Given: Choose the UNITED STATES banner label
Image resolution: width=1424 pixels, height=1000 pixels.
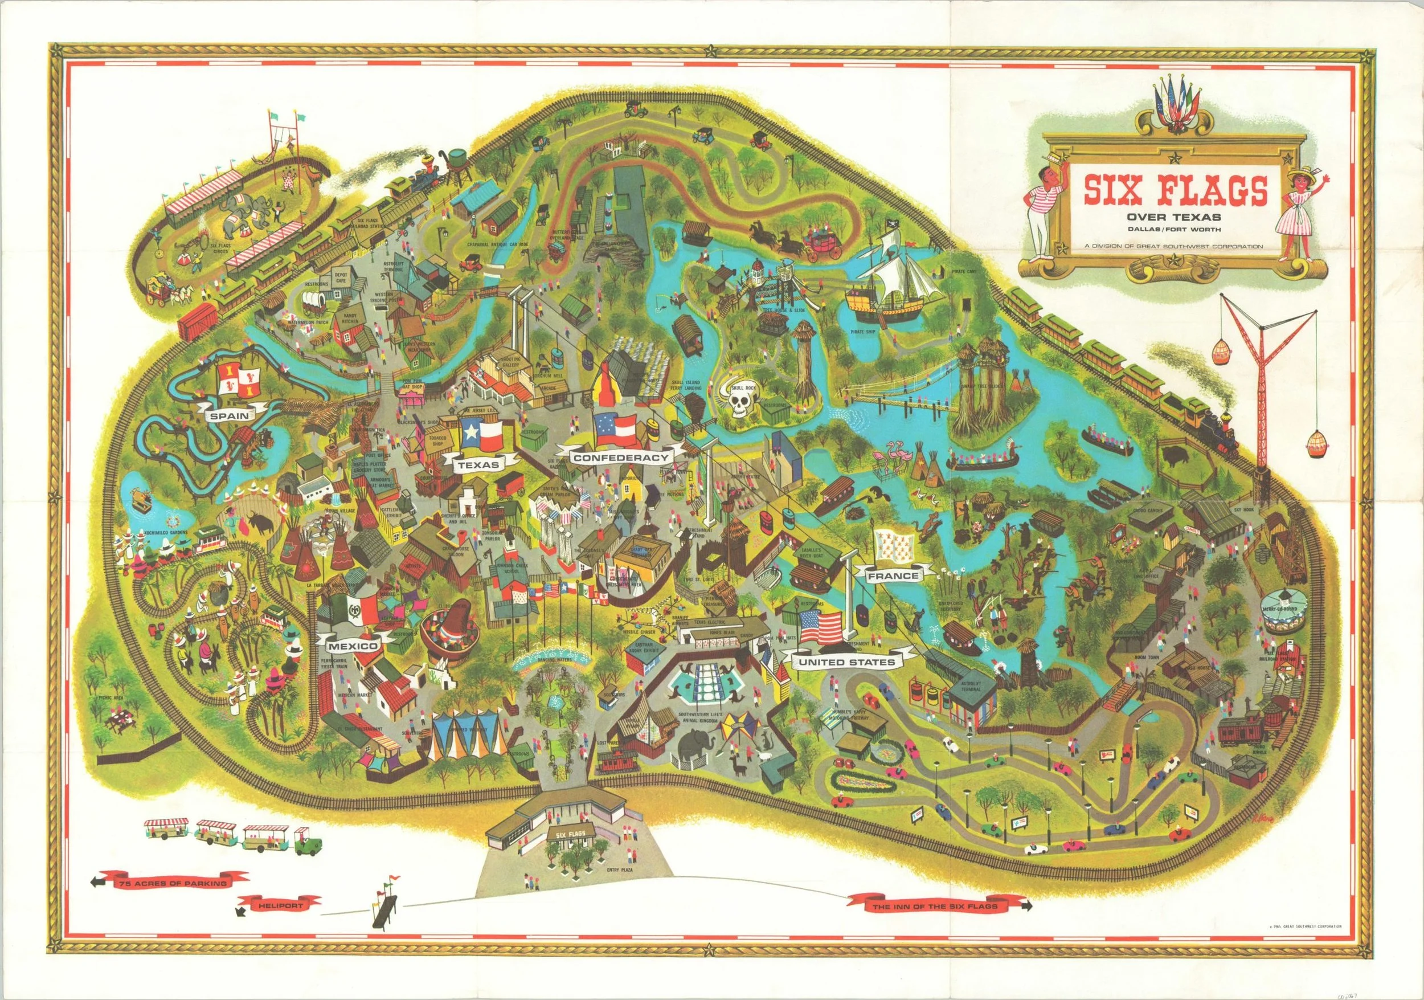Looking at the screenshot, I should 846,663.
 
